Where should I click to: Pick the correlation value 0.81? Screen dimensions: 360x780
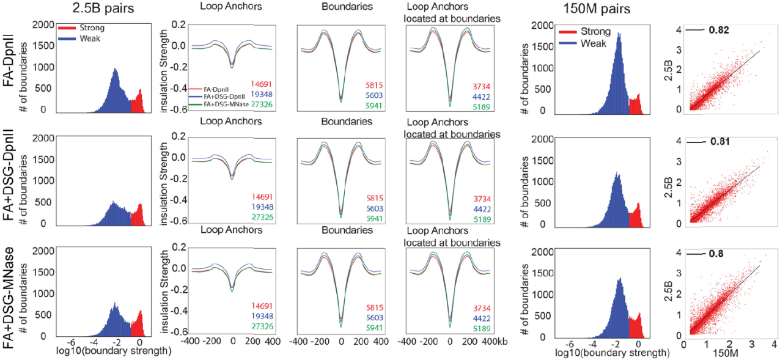pos(720,142)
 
